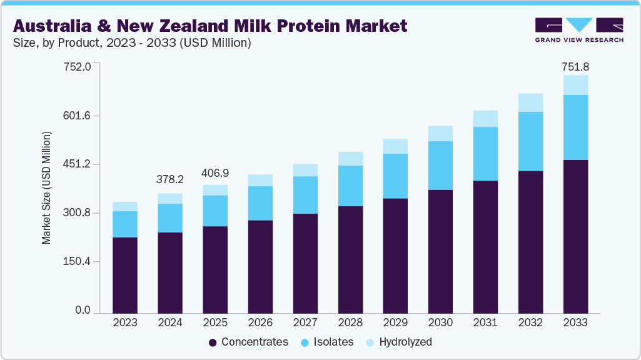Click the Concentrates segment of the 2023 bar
point(125,274)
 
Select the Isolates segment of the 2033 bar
point(575,127)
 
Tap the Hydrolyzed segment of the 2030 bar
point(440,133)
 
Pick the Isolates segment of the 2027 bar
point(305,195)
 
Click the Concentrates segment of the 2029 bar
point(395,255)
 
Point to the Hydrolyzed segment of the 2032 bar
point(530,102)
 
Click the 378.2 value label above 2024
point(170,179)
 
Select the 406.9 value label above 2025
point(215,171)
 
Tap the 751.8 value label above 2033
point(575,66)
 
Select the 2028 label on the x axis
point(350,322)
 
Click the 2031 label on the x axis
point(485,322)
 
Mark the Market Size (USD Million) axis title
point(46,187)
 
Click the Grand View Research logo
point(578,29)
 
